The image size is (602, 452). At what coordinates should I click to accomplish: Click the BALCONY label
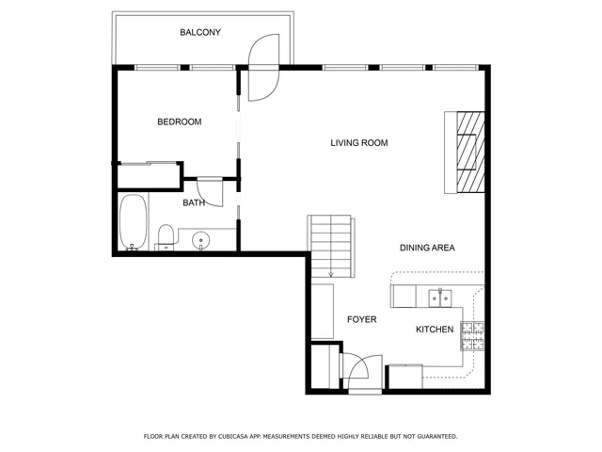[x=200, y=33]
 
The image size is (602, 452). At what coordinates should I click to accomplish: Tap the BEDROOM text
[x=179, y=122]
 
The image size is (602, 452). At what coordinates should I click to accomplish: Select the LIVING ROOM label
[x=358, y=143]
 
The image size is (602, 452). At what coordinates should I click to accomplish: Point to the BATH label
[x=194, y=202]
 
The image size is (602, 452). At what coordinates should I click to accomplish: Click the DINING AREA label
[x=427, y=248]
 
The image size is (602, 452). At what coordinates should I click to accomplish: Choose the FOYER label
[x=361, y=320]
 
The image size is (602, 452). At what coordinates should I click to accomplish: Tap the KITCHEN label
[x=436, y=330]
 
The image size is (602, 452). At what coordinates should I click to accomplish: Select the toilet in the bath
[x=165, y=236]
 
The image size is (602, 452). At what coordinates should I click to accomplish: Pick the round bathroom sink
[x=200, y=241]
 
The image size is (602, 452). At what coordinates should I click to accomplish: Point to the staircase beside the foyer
[x=331, y=245]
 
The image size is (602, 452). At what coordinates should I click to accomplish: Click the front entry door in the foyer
[x=363, y=372]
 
